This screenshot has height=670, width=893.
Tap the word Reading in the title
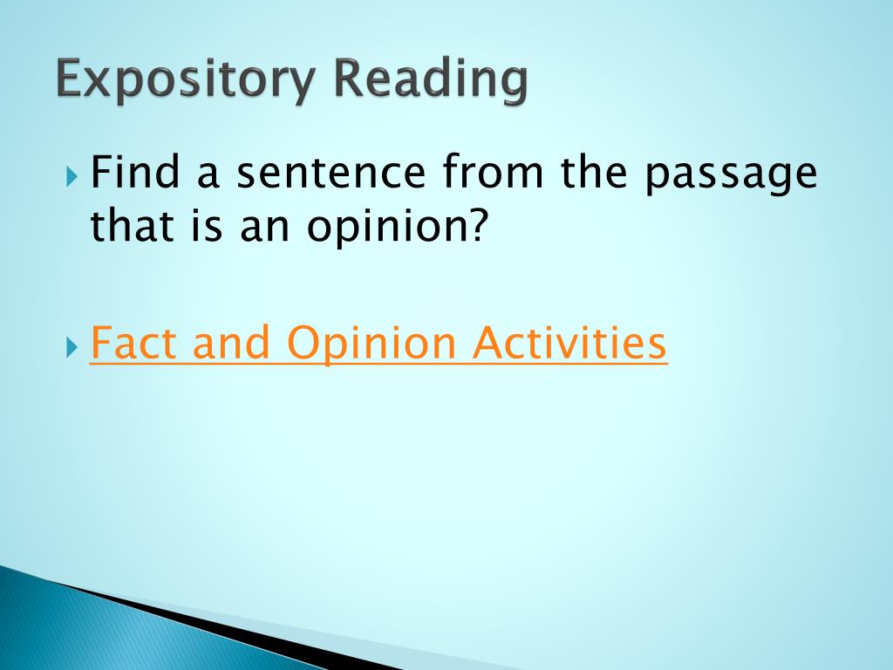tap(431, 81)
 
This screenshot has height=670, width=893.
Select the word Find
tap(136, 173)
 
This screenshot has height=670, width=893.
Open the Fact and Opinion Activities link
tap(378, 344)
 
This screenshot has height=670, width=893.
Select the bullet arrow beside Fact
tap(72, 346)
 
